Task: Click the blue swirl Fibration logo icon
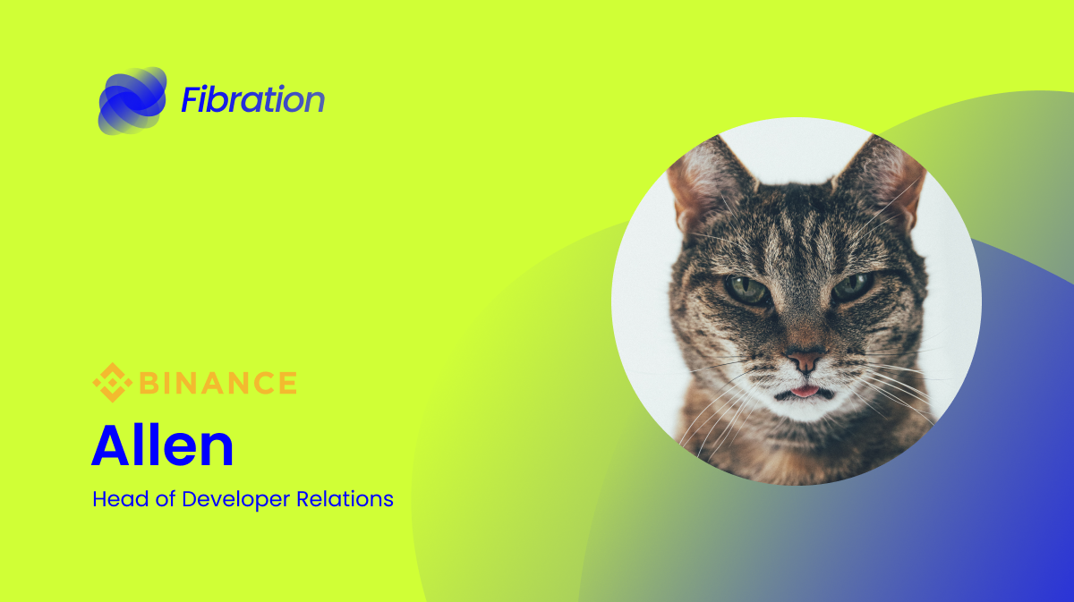(132, 101)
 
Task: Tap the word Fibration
(253, 99)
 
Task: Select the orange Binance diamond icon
(113, 383)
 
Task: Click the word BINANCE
(217, 383)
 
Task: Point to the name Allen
(162, 445)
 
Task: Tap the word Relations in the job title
(345, 499)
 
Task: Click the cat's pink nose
(805, 360)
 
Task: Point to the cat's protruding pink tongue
(805, 392)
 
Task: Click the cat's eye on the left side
(747, 290)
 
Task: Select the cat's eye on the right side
(852, 286)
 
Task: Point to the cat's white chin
(805, 410)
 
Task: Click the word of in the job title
(166, 499)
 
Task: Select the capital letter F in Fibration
(192, 99)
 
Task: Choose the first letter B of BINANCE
(148, 383)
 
